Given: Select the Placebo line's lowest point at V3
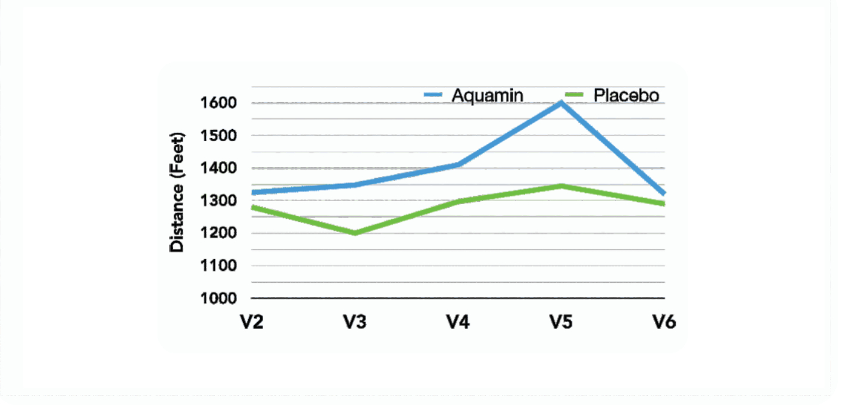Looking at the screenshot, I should [355, 233].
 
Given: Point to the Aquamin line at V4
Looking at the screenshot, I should [458, 164].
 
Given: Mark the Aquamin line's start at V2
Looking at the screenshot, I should [254, 192].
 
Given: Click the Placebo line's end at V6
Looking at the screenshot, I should [663, 204].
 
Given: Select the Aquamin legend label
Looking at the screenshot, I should [487, 95].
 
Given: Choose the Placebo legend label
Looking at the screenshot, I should [626, 95].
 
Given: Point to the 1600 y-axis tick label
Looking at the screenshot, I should [220, 103].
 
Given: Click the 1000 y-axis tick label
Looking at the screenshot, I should [220, 298].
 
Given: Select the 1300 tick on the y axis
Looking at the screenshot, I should [220, 201].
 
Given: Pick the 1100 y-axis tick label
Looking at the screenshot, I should [220, 265].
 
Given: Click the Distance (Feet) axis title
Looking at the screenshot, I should [177, 192].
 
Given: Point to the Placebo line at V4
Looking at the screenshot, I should [458, 202].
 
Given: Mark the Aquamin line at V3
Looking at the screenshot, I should [355, 185].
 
